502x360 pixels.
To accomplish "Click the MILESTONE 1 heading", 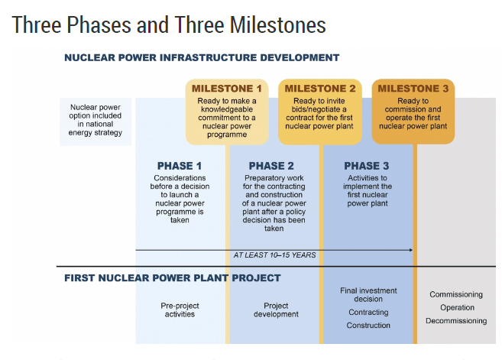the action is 227,89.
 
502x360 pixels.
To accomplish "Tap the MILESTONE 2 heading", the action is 320,89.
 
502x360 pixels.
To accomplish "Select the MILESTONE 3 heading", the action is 413,89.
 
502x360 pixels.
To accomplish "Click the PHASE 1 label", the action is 180,166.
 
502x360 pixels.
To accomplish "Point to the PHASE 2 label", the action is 271,166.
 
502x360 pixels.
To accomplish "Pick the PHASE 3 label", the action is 367,166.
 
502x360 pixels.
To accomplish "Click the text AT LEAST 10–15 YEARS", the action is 274,255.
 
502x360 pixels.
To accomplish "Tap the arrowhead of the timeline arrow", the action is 411,250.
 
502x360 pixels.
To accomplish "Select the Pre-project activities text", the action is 180,310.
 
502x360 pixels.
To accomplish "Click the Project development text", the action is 276,310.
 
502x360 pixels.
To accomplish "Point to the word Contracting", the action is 368,313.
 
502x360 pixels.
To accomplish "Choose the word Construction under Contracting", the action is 368,326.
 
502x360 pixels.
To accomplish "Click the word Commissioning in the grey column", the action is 456,294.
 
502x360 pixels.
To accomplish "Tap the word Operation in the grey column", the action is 457,307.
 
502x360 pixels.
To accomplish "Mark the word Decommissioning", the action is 456,320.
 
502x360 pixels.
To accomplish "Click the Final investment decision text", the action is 368,295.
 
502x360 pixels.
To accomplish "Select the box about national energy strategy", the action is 96,122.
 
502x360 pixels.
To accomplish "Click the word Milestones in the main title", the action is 278,25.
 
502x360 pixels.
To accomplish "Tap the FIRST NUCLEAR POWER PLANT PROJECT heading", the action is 173,278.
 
